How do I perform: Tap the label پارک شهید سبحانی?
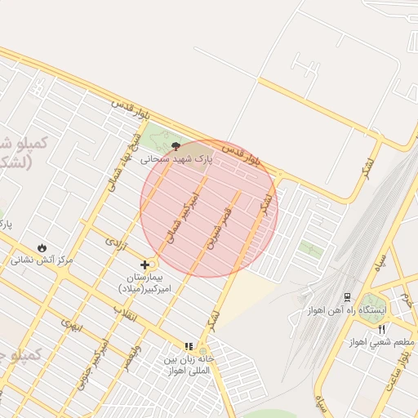[176, 160]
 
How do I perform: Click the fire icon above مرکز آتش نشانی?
[42, 247]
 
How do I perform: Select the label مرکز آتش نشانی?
[42, 260]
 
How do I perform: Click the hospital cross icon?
[145, 264]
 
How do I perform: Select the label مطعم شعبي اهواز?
[381, 342]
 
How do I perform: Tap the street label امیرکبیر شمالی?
[182, 216]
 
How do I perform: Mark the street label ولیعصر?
[130, 357]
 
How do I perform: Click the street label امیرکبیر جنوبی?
[91, 364]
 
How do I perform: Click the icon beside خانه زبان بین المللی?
[189, 346]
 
